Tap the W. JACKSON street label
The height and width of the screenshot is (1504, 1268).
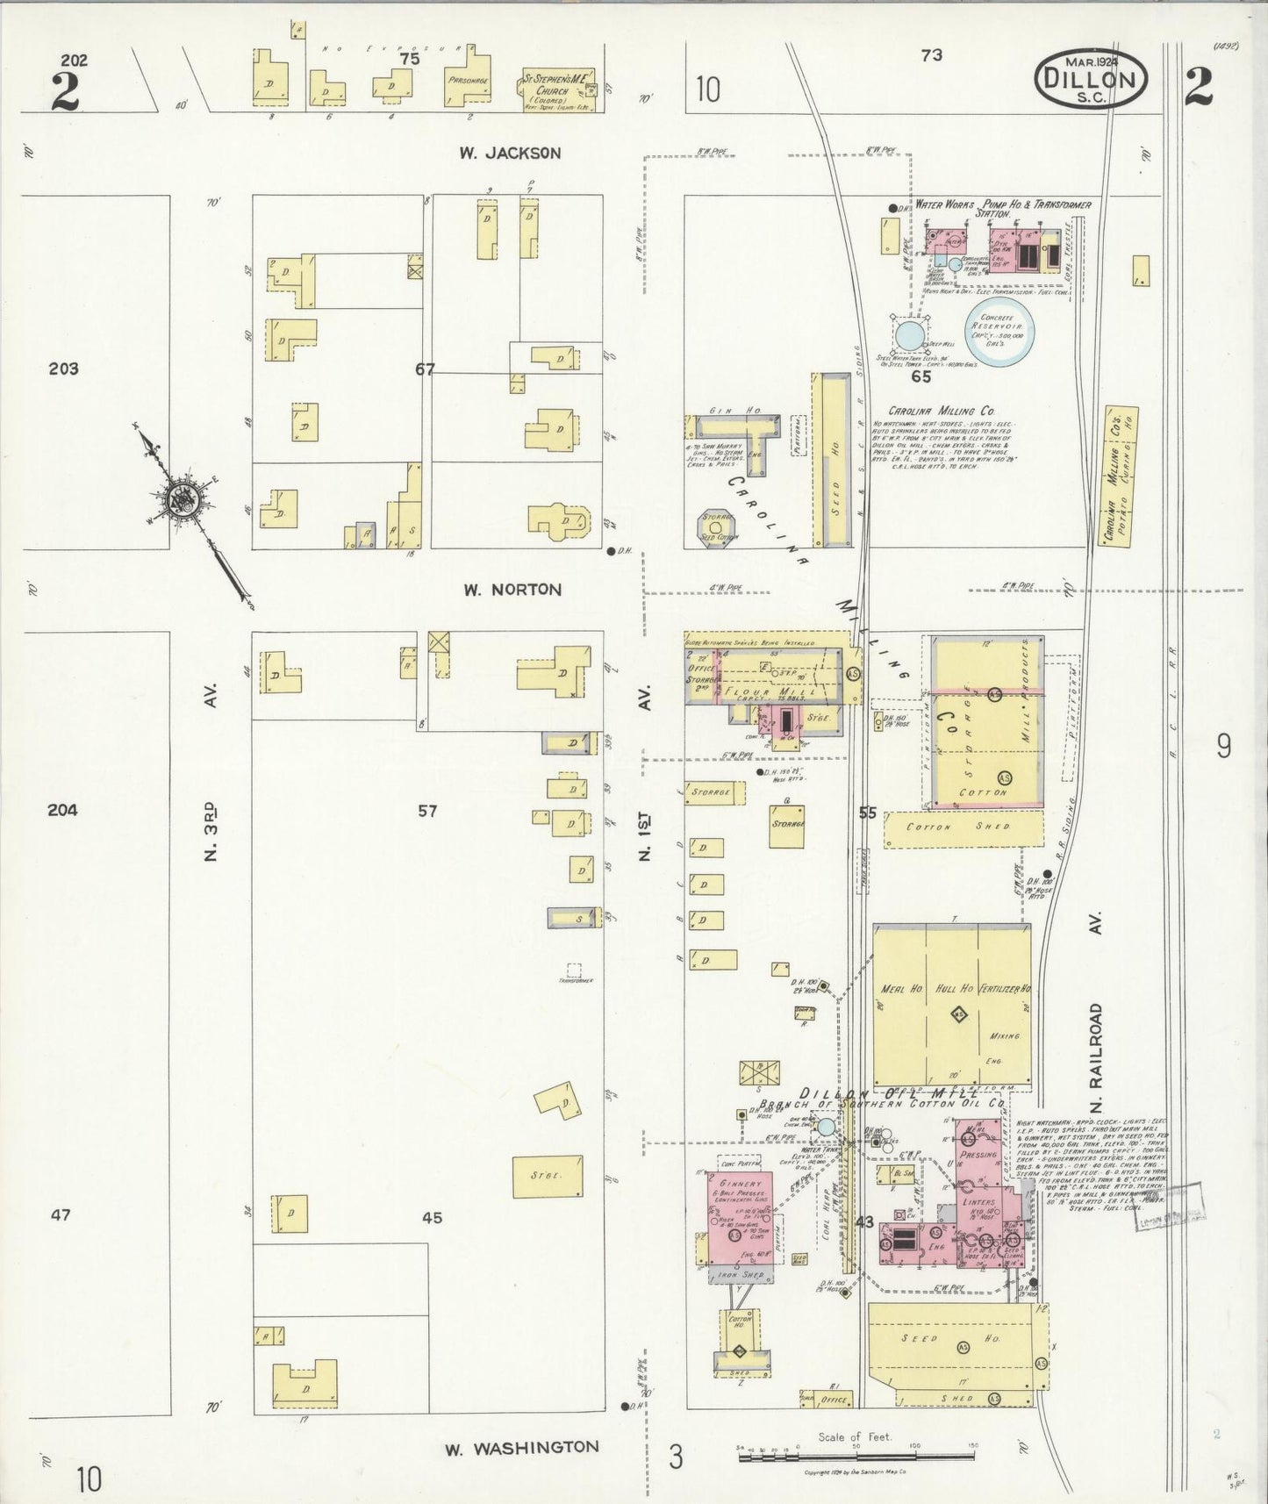coord(510,153)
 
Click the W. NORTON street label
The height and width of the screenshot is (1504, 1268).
coord(512,590)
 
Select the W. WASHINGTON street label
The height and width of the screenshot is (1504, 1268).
coord(521,1446)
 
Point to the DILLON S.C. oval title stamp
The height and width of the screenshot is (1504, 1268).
coord(1091,78)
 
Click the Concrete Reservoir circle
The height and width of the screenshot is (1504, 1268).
coord(999,331)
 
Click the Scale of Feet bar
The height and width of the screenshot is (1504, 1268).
coord(855,1456)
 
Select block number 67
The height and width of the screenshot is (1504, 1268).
coord(425,369)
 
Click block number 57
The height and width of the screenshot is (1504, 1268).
coord(426,811)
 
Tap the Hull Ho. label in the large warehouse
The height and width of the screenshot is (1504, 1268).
coord(953,989)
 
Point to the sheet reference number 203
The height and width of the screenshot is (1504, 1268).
coord(63,369)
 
